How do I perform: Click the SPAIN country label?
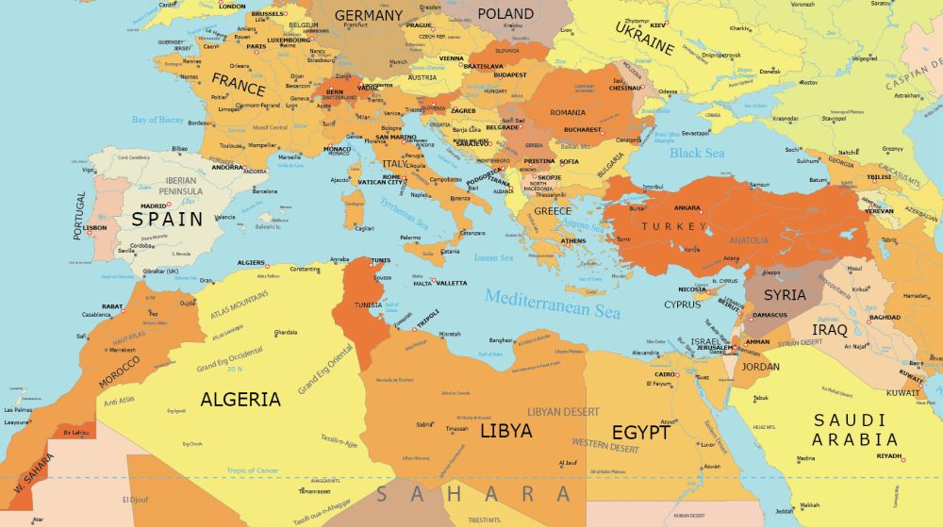(x=167, y=219)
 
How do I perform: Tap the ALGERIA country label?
(x=240, y=399)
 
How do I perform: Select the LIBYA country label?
(x=505, y=431)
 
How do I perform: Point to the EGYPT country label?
(x=640, y=433)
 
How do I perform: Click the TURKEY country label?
(x=673, y=227)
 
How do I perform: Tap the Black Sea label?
(x=697, y=153)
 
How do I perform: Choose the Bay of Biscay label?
(x=157, y=120)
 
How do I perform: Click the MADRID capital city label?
(x=154, y=206)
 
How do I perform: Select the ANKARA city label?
(x=687, y=207)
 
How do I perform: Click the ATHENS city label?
(x=573, y=240)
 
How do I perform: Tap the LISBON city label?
(x=95, y=227)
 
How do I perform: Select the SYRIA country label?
(x=785, y=295)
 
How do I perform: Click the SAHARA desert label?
(x=474, y=494)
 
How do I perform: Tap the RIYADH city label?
(x=889, y=456)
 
